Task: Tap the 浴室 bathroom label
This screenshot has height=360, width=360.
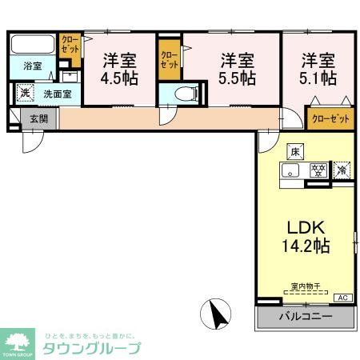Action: coord(33,66)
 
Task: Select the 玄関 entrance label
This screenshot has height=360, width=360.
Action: coord(38,119)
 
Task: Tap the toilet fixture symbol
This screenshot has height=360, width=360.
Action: coord(184,92)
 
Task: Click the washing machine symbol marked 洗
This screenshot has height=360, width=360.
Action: coord(26,93)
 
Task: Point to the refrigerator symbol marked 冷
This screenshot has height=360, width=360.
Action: coord(342,170)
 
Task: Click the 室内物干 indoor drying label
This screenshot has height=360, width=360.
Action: coord(305,286)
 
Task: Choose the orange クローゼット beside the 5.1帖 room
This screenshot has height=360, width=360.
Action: coord(330,118)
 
